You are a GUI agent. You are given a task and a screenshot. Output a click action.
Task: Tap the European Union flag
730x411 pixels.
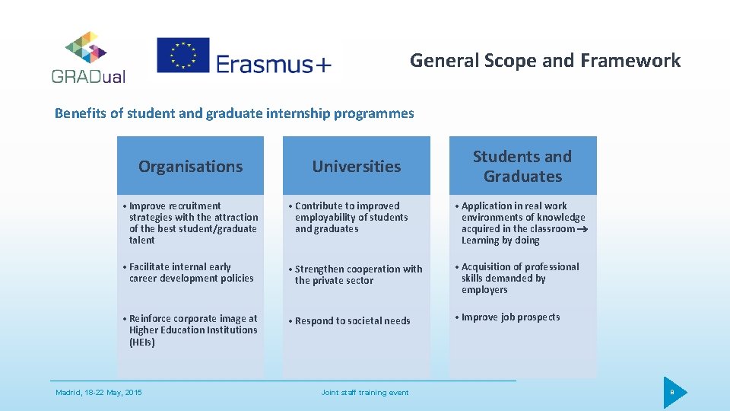[x=182, y=56]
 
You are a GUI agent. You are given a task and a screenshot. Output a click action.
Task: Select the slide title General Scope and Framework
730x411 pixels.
[x=544, y=60]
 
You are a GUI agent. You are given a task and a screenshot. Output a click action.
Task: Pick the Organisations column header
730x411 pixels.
[x=190, y=166]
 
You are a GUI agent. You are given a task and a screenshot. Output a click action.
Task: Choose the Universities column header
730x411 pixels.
[x=356, y=166]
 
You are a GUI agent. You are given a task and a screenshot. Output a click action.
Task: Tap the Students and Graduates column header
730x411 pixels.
[x=522, y=166]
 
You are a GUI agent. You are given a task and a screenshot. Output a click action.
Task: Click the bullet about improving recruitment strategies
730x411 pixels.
[x=193, y=222]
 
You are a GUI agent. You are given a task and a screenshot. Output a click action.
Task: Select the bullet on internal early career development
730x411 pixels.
[x=191, y=272]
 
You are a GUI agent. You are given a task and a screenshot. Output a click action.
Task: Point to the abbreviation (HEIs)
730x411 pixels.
[x=142, y=342]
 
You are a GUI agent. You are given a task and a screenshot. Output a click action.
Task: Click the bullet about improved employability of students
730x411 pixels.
[x=351, y=217]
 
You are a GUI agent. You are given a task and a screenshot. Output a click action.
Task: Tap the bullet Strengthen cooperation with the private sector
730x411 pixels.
[x=357, y=275]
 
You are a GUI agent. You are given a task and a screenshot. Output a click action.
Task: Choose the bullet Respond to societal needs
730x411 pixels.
[x=352, y=321]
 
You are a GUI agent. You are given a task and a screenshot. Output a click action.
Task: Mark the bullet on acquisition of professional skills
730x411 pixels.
[x=519, y=278]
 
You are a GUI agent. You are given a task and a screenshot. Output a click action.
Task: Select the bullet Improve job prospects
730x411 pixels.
[x=510, y=317]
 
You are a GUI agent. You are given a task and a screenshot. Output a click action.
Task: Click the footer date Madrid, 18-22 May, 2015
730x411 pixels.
[x=99, y=393]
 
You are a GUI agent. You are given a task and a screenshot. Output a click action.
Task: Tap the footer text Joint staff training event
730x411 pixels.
[x=364, y=393]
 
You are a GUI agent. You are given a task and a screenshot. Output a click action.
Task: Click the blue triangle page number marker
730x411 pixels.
[x=673, y=393]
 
